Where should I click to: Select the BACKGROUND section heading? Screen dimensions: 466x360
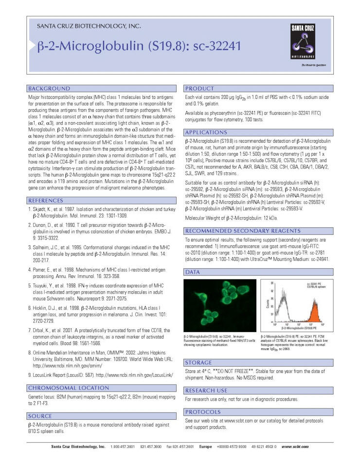click(49, 89)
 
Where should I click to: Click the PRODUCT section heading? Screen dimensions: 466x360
click(199, 89)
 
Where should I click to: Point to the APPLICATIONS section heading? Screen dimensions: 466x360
click(206, 132)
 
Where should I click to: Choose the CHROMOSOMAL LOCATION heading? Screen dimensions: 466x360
click(69, 388)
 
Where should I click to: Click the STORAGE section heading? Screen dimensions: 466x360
click(198, 362)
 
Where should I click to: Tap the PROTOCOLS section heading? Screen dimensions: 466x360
click(203, 411)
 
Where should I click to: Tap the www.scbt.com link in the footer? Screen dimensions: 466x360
click(295, 447)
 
